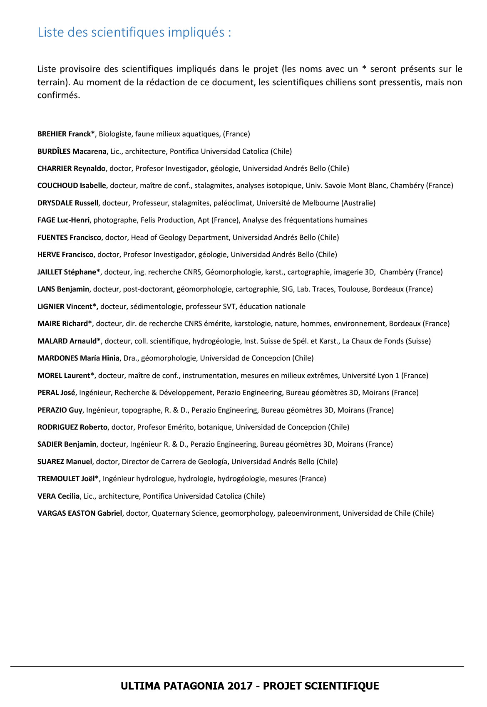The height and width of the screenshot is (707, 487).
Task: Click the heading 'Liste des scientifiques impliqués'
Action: point(134,32)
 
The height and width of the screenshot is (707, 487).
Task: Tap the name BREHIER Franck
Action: point(64,134)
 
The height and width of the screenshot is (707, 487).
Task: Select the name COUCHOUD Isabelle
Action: point(72,185)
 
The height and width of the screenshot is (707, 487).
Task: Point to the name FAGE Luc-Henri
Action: point(63,220)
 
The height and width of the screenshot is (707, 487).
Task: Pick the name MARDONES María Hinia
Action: point(78,358)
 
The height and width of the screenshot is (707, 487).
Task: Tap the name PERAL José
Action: point(56,393)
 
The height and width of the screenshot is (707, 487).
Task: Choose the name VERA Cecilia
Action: point(58,496)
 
